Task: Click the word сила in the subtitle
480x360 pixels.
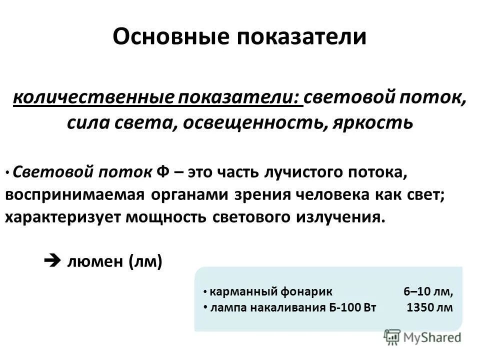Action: tap(86, 122)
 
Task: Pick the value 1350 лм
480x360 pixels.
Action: tap(430, 307)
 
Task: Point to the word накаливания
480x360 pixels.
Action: tap(279, 307)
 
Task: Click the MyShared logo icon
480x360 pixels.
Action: tap(392, 336)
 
